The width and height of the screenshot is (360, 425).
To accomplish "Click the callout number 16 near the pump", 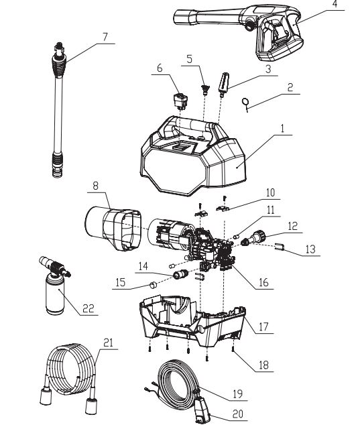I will (x=263, y=282).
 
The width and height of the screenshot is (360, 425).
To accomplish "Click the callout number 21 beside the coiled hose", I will (x=107, y=342).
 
